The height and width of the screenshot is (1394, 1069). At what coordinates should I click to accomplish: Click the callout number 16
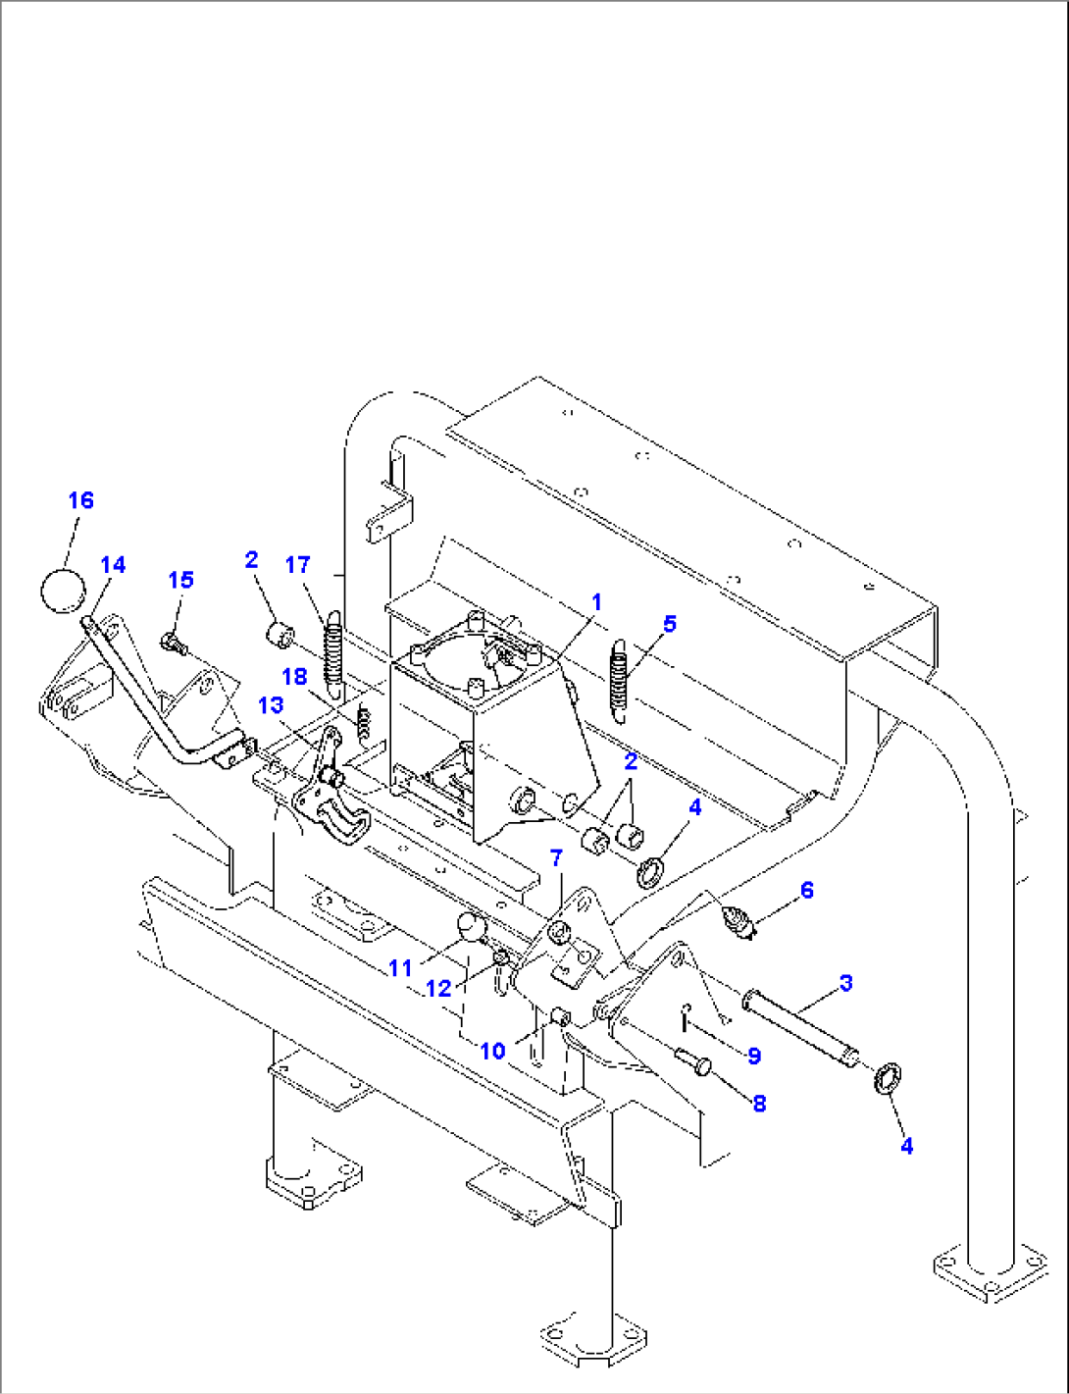point(80,500)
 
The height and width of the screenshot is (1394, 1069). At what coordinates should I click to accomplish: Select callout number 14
point(113,565)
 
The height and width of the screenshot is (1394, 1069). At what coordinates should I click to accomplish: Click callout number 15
point(180,580)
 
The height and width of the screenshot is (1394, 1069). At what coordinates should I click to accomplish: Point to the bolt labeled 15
point(173,644)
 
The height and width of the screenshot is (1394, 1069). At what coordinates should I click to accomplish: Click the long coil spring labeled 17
point(333,653)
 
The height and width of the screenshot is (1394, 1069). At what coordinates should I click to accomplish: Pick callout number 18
point(294,677)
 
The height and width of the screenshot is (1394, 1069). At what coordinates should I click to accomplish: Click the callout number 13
point(271,705)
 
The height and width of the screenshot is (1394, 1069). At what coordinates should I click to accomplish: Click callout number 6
point(806,890)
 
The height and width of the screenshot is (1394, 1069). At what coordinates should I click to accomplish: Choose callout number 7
point(556,858)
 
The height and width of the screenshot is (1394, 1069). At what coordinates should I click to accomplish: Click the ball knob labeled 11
point(471,925)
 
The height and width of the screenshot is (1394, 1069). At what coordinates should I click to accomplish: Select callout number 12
point(437,989)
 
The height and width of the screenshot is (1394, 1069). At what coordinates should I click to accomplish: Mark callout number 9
point(753,1056)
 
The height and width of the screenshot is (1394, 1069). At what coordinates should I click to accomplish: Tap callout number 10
point(492,1052)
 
